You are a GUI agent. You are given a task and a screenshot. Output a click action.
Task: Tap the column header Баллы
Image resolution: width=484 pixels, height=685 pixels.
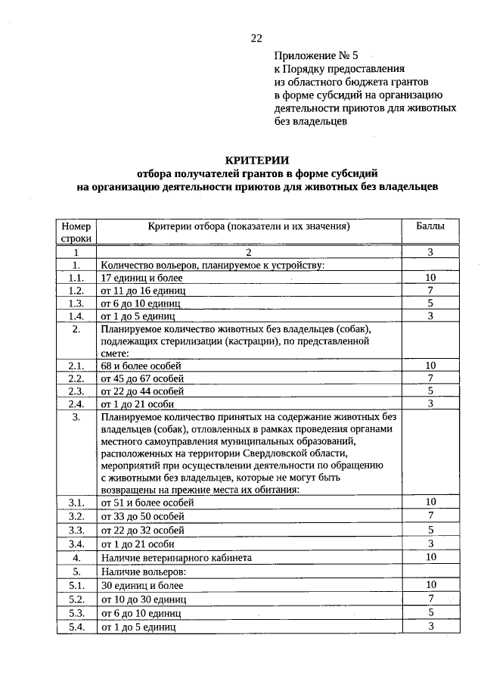click(x=430, y=226)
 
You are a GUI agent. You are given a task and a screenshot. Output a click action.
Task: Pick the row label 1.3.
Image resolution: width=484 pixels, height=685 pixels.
click(x=76, y=303)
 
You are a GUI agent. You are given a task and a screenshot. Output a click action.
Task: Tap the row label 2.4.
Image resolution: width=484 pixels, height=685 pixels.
click(x=76, y=403)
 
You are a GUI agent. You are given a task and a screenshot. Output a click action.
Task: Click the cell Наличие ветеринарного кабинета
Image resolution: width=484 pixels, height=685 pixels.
click(x=176, y=558)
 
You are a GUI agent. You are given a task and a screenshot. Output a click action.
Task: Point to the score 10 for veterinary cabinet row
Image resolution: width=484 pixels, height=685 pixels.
click(x=430, y=557)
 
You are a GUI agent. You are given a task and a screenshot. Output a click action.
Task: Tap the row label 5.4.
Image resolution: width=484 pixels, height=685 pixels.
click(x=76, y=627)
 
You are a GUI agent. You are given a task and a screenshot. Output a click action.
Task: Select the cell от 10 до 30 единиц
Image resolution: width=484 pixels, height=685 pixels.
click(x=144, y=599)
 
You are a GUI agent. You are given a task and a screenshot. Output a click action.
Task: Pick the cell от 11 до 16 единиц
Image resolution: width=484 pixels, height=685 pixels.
click(x=142, y=291)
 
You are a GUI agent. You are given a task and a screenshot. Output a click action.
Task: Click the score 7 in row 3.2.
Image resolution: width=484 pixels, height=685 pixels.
click(x=430, y=515)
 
